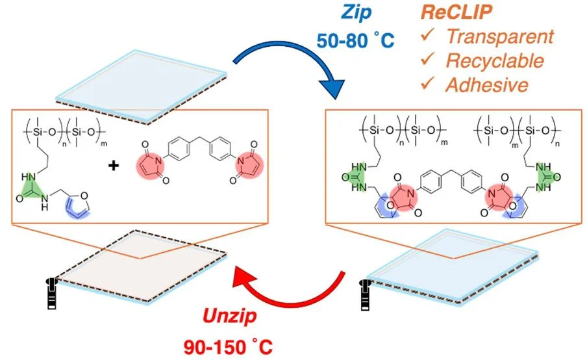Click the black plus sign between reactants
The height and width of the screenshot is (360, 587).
click(114, 166)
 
